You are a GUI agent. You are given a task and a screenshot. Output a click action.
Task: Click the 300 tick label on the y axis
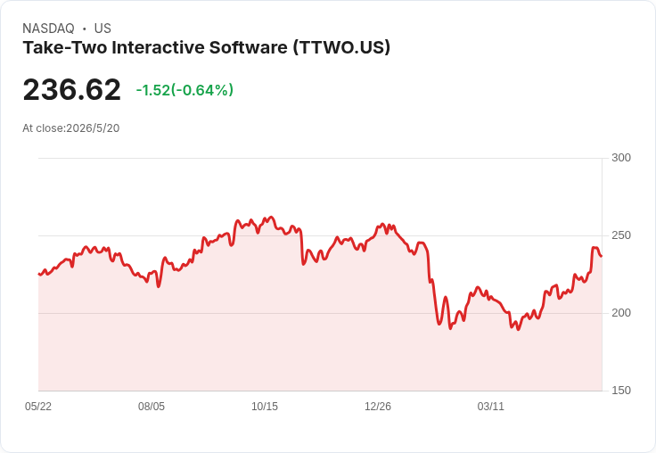[x=621, y=158]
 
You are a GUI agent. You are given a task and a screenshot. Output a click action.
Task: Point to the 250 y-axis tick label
[x=621, y=235]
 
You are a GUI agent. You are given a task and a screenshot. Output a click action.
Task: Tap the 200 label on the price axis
[x=621, y=313]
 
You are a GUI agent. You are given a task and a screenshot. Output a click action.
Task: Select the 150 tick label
[x=621, y=391]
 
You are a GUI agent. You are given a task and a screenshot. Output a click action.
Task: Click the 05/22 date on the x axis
[x=38, y=407]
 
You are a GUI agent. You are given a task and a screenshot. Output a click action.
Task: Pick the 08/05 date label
[x=152, y=407]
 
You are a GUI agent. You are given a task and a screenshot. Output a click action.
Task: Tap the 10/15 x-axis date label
[x=265, y=407]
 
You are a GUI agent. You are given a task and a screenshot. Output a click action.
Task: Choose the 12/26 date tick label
[x=378, y=407]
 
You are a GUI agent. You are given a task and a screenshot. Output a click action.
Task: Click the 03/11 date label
[x=491, y=407]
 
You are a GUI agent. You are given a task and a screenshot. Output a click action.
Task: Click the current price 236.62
[x=71, y=89]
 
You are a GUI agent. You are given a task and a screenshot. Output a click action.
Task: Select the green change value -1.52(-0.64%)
[x=184, y=90]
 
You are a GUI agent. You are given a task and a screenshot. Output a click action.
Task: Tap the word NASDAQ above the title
[x=48, y=29]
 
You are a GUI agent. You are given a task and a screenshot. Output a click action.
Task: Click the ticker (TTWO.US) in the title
[x=341, y=47]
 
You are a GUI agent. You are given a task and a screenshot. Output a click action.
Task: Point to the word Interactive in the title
[x=158, y=47]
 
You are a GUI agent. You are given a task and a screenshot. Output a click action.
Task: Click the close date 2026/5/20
[x=93, y=128]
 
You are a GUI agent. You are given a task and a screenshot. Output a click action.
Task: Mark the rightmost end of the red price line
[x=602, y=256]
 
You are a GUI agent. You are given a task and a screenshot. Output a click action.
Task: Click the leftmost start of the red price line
[x=39, y=275]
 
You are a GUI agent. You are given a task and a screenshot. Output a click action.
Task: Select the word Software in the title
[x=249, y=47]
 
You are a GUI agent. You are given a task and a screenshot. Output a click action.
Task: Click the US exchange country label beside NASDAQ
[x=102, y=29]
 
